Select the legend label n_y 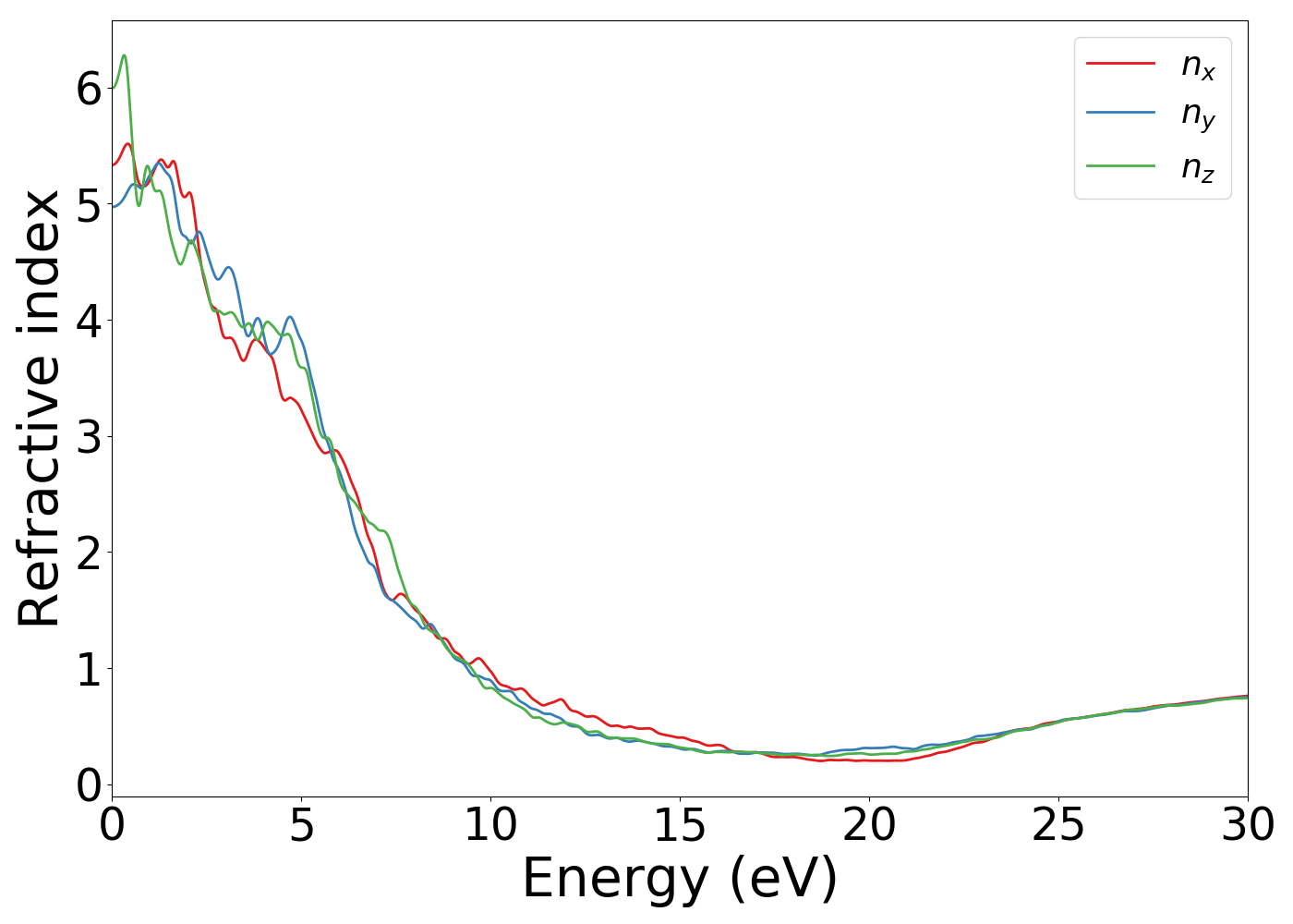pyautogui.click(x=1198, y=115)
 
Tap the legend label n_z pyautogui.click(x=1198, y=167)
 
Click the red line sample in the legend pyautogui.click(x=1120, y=63)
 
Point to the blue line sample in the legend pyautogui.click(x=1120, y=113)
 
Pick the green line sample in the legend pyautogui.click(x=1120, y=165)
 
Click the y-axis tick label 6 pyautogui.click(x=89, y=89)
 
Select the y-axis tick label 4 pyautogui.click(x=89, y=321)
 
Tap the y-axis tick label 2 pyautogui.click(x=89, y=553)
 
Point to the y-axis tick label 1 pyautogui.click(x=89, y=669)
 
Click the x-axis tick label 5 pyautogui.click(x=301, y=825)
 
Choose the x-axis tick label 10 pyautogui.click(x=490, y=825)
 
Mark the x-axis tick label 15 pyautogui.click(x=680, y=825)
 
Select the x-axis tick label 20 pyautogui.click(x=869, y=825)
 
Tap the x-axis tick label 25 pyautogui.click(x=1058, y=825)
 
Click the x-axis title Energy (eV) pyautogui.click(x=680, y=879)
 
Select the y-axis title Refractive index pyautogui.click(x=39, y=408)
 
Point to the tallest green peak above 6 pyautogui.click(x=124, y=56)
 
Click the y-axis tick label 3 pyautogui.click(x=89, y=437)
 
